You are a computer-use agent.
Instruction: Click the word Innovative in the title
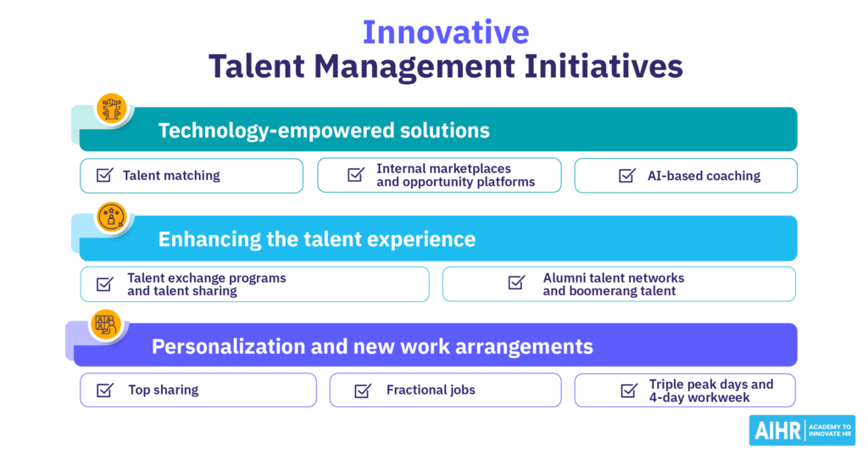[446, 32]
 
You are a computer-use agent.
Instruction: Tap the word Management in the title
[415, 67]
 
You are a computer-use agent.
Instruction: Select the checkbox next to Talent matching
[104, 175]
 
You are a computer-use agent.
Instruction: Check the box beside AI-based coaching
[627, 175]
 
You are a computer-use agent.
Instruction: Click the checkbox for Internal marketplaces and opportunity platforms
[356, 175]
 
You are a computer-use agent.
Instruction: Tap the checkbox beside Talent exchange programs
[104, 283]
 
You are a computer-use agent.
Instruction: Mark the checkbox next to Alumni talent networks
[516, 282]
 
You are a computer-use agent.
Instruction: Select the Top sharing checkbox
[104, 390]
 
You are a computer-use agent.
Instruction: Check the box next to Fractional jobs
[363, 391]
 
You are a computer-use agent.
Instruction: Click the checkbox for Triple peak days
[629, 391]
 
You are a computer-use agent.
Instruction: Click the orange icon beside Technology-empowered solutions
[112, 108]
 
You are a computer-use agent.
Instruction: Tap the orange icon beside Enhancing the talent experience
[112, 216]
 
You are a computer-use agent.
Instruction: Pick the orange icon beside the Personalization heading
[106, 324]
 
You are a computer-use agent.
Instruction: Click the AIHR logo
[802, 430]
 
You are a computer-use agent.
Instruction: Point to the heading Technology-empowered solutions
[324, 131]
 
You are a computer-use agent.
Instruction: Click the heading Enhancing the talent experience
[317, 239]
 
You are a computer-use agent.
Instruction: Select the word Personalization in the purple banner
[228, 346]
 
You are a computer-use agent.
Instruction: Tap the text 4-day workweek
[699, 397]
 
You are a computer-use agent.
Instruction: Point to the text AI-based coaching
[704, 176]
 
